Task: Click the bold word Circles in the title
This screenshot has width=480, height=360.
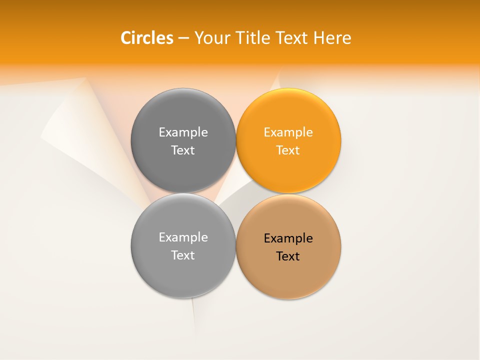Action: pos(146,38)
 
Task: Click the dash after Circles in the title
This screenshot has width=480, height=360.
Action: pos(183,38)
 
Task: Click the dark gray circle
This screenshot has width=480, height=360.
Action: pos(183,115)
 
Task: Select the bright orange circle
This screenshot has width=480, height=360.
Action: pos(288,115)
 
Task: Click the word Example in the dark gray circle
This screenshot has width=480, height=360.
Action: pos(183,132)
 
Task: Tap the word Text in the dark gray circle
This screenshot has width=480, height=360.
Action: pos(183,150)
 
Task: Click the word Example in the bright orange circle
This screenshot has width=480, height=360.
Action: pos(288,132)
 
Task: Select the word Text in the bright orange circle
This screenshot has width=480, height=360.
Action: pos(288,150)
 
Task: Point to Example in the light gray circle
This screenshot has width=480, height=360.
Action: pos(183,237)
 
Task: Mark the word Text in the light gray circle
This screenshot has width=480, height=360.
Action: pos(183,255)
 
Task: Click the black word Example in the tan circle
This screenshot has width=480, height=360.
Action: pos(288,238)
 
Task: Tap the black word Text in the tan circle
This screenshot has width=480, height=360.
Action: pos(288,256)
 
